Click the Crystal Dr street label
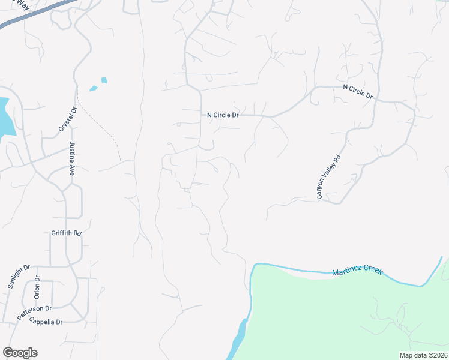click(67, 119)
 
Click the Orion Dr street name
click(37, 287)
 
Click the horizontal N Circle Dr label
click(223, 115)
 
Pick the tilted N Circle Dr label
click(358, 91)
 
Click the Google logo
click(20, 353)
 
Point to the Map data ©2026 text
click(423, 355)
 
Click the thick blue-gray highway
click(36, 14)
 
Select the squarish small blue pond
click(104, 80)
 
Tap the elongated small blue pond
click(93, 89)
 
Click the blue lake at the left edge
click(5, 117)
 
